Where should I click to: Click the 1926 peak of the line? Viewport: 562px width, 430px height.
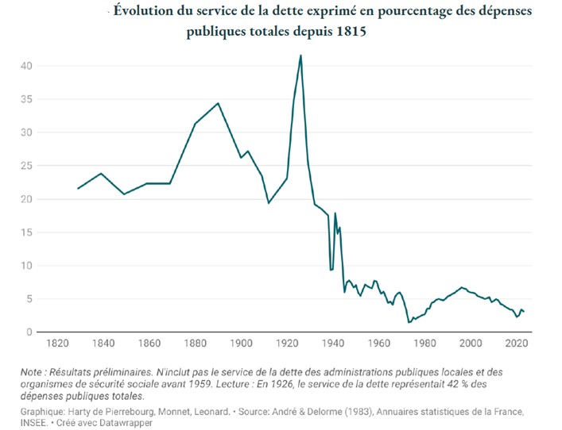point(300,55)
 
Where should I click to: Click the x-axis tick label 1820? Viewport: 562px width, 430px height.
point(55,344)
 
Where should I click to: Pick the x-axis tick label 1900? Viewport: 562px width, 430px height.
point(241,344)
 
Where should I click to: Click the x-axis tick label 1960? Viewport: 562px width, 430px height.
point(379,344)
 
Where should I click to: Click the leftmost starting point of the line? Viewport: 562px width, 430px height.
point(78,188)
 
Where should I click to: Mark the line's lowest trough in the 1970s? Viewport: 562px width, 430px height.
point(409,321)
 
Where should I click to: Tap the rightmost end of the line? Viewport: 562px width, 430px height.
point(524,312)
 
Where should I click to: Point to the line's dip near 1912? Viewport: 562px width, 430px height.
point(269,203)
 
